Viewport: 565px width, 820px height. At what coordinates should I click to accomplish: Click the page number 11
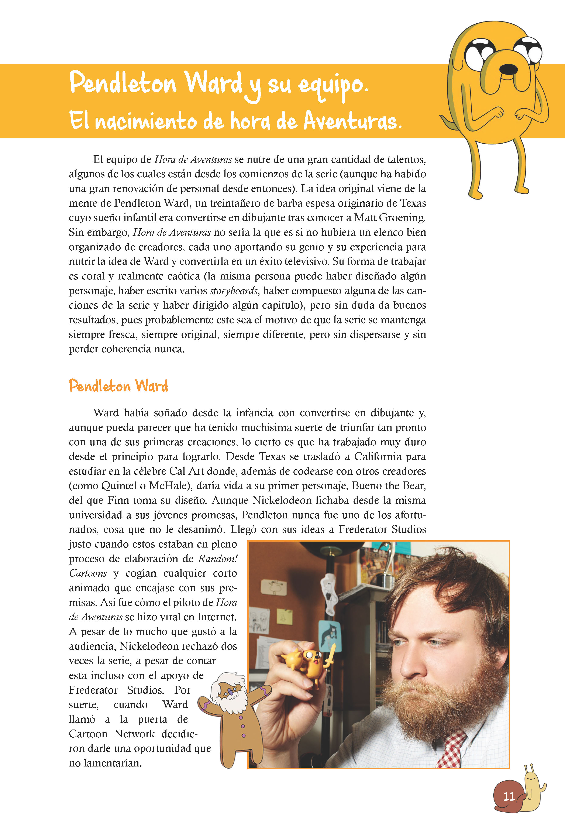(x=509, y=796)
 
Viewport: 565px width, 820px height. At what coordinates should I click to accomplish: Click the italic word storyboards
(x=234, y=291)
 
